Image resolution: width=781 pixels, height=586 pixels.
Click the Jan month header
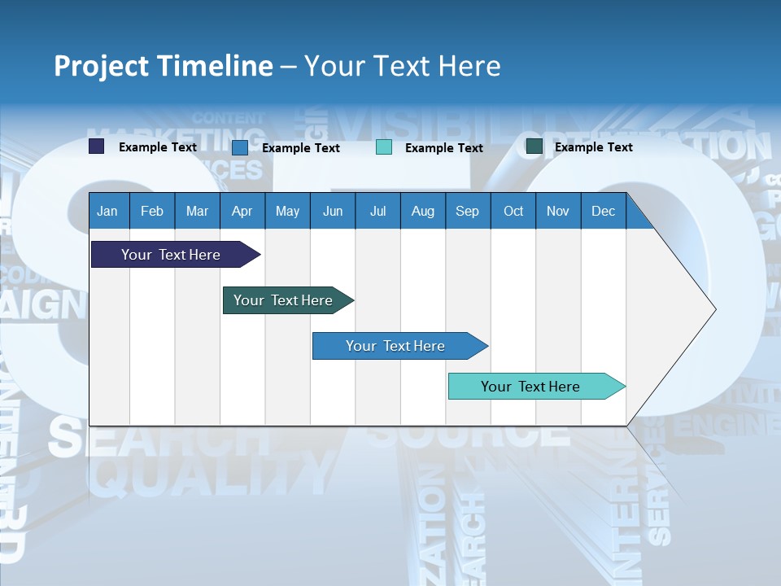(x=107, y=211)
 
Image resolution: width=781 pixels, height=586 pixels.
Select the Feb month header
(x=152, y=211)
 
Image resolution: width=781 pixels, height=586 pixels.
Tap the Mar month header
(x=197, y=211)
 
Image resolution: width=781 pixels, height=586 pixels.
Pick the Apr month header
(x=242, y=211)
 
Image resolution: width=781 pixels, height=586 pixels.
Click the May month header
(x=287, y=211)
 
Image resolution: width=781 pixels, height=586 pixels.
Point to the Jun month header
(x=333, y=211)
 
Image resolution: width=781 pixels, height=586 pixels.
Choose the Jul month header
(x=377, y=211)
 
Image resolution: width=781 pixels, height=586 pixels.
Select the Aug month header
(x=422, y=211)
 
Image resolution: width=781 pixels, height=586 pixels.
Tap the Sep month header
(x=467, y=211)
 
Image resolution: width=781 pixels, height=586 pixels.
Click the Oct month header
(x=513, y=211)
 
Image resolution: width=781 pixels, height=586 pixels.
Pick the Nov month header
(x=558, y=211)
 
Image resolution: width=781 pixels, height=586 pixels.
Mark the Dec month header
(x=603, y=211)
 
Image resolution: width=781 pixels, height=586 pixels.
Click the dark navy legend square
(x=97, y=146)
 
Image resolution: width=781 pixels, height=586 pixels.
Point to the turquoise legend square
(x=384, y=147)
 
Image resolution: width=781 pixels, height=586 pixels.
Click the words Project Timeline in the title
(x=164, y=66)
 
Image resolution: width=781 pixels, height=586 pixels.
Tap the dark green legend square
(x=534, y=146)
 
